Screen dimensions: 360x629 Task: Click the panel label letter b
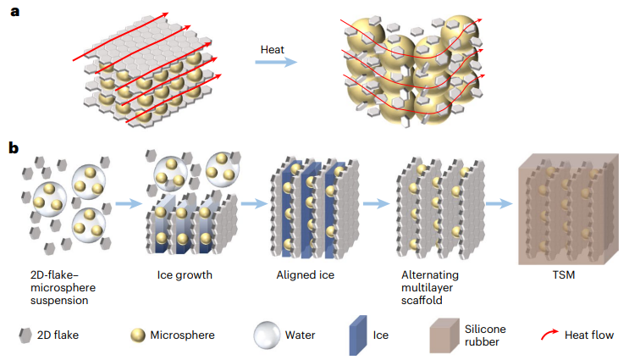14,148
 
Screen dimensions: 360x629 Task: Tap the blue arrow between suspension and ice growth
128,203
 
